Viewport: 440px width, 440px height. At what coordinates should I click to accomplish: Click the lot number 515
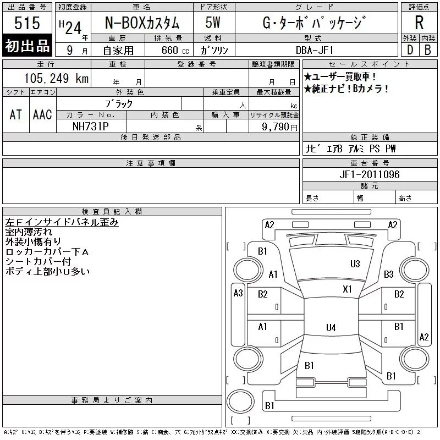click(27, 23)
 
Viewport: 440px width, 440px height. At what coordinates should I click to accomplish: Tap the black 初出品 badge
click(27, 46)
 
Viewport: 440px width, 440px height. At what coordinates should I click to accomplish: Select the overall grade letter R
click(419, 23)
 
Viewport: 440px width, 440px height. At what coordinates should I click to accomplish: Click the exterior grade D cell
click(410, 50)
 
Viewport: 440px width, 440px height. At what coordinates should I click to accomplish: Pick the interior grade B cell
click(428, 50)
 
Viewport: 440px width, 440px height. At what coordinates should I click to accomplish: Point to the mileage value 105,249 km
click(56, 78)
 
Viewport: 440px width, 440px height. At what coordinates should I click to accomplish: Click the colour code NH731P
click(90, 127)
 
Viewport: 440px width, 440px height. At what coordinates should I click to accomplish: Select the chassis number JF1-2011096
click(370, 174)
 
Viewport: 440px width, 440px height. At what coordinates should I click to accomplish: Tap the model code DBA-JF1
click(315, 50)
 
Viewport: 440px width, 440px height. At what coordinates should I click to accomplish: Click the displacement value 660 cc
click(175, 50)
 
